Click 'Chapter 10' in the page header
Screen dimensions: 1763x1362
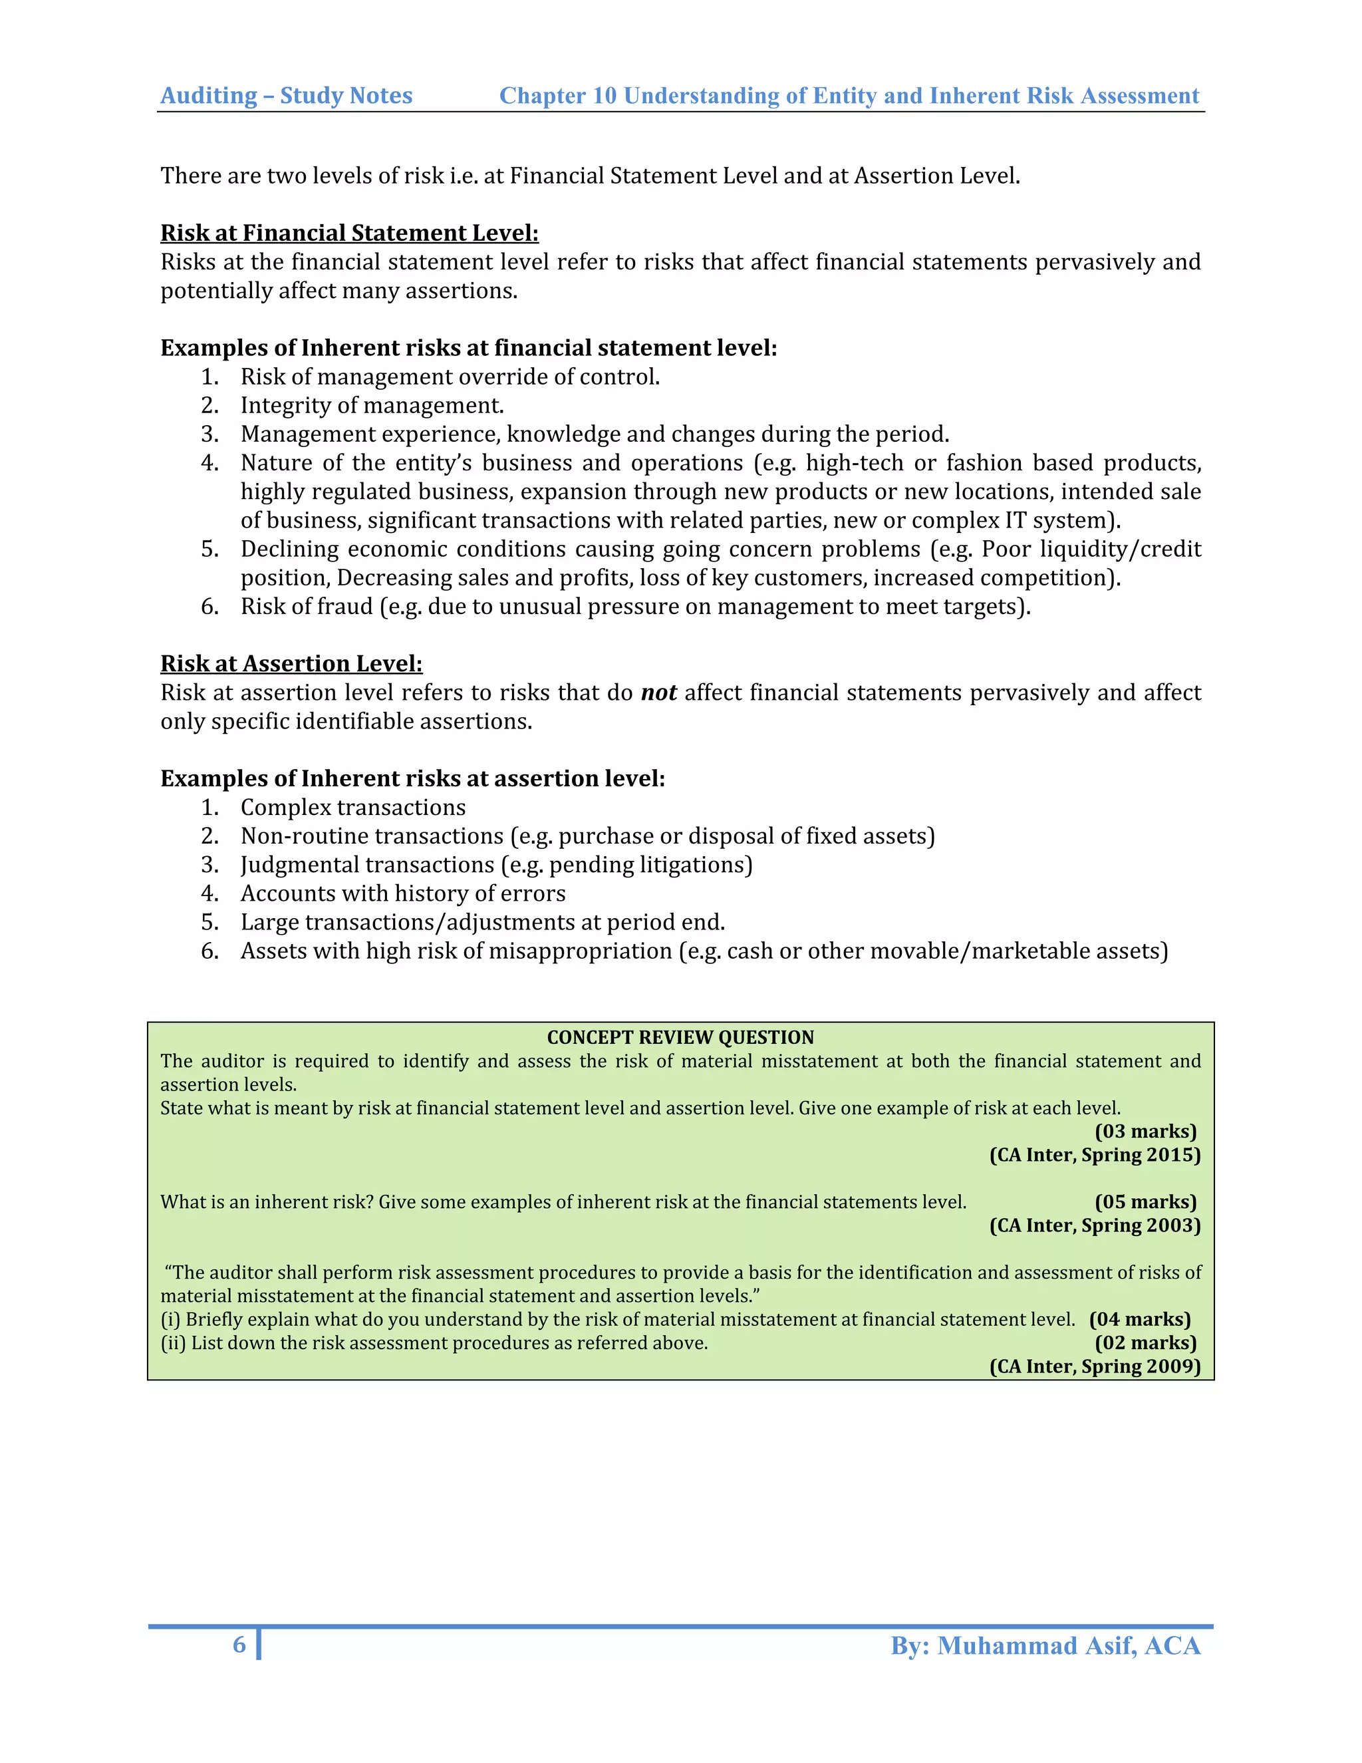(x=559, y=95)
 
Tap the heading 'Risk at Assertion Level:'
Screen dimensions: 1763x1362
(x=291, y=663)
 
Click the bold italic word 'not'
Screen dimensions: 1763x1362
(x=658, y=693)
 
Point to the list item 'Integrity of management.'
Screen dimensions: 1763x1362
(x=372, y=405)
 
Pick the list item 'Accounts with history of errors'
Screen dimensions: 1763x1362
(x=402, y=893)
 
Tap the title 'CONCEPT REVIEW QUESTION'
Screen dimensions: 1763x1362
(x=680, y=1037)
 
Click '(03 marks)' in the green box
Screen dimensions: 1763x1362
(x=1145, y=1131)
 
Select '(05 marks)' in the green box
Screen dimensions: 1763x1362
(x=1145, y=1202)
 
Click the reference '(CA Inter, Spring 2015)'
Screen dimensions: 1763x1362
(x=1094, y=1155)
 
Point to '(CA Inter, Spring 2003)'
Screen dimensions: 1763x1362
(x=1094, y=1225)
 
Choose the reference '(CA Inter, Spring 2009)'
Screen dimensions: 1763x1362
(x=1094, y=1366)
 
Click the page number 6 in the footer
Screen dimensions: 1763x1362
(x=239, y=1645)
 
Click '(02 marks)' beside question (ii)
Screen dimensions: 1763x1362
(x=1145, y=1343)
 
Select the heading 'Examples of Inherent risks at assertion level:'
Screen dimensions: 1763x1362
(x=412, y=778)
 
